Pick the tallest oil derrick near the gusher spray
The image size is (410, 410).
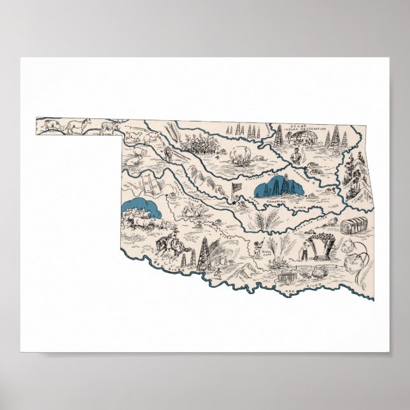[203, 253]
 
